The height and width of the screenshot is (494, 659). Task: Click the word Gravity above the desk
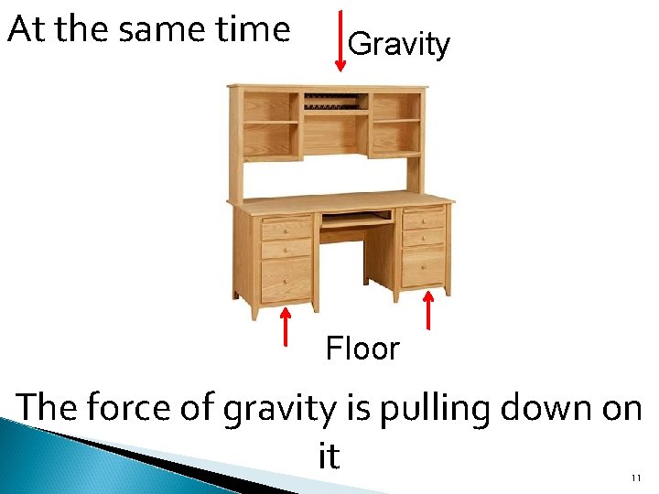(399, 44)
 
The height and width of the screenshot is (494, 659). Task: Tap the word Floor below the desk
(362, 349)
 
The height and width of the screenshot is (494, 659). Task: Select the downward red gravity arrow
(340, 39)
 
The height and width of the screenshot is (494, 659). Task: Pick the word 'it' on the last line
(329, 455)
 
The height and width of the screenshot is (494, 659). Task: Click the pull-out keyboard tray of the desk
(356, 220)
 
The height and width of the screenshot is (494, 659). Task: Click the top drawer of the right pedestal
(424, 219)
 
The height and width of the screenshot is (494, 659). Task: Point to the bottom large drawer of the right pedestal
(424, 267)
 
